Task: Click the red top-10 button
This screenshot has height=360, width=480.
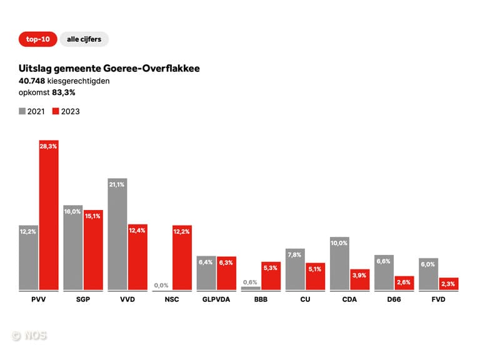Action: point(38,39)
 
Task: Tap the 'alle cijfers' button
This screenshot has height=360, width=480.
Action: point(84,39)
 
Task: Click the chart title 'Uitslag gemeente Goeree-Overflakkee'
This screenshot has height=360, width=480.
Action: point(109,68)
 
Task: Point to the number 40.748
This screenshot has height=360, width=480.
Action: point(32,81)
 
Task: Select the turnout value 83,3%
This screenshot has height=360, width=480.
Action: point(64,92)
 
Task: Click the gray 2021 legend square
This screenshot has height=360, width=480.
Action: point(22,111)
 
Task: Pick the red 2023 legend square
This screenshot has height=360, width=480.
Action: point(56,111)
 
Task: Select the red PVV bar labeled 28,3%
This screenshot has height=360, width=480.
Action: point(49,215)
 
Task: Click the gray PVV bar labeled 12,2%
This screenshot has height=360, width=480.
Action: point(29,257)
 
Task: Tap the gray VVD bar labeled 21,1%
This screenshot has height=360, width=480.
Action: point(117,234)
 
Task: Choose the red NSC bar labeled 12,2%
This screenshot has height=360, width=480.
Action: point(182,257)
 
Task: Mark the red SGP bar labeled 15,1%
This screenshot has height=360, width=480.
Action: point(93,250)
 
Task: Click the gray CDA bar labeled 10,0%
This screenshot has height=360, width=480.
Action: point(339,263)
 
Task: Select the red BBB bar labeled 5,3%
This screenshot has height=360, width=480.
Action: point(271,276)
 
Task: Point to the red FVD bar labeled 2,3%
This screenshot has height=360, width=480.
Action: point(449,284)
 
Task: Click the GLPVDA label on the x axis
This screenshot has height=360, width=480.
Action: point(216,299)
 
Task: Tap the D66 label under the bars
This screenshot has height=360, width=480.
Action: point(394,299)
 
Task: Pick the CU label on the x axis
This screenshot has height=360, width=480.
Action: point(305,299)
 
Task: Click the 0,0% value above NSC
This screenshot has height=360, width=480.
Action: point(161,285)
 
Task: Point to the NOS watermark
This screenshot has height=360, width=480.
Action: point(29,336)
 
